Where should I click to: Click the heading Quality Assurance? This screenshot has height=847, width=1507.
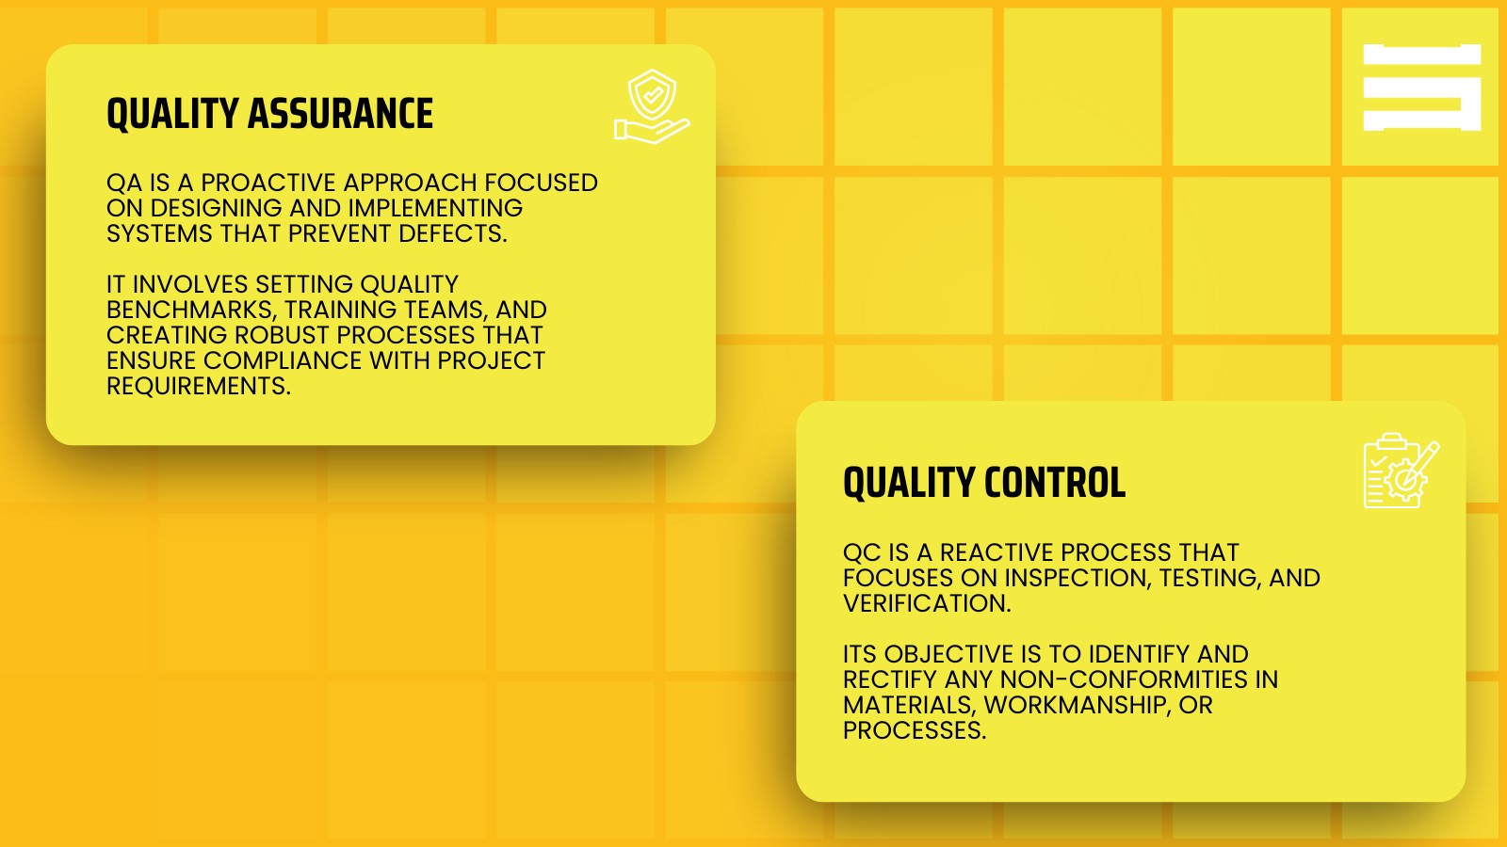click(x=269, y=114)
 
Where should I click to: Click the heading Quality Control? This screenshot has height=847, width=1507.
click(x=983, y=483)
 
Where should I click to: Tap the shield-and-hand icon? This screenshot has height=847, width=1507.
click(x=652, y=107)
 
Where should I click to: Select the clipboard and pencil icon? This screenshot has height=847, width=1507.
click(x=1401, y=471)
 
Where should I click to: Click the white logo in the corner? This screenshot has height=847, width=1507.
click(x=1421, y=88)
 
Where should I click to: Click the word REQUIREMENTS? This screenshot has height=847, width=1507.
click(x=198, y=386)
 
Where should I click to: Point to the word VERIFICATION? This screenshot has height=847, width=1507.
click(x=926, y=603)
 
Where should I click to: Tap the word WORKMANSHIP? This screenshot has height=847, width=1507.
click(x=1075, y=705)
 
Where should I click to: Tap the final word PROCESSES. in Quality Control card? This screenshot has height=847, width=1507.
click(x=914, y=730)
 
